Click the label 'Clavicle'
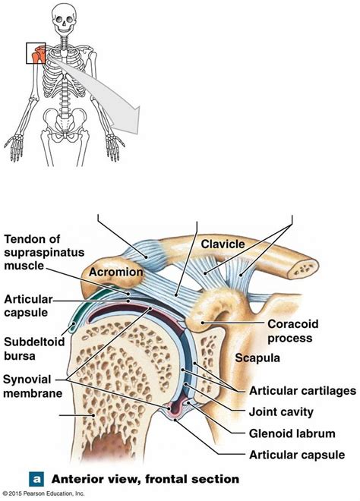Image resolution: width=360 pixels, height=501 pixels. point(224,244)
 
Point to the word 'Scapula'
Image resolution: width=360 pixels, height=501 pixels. point(258,357)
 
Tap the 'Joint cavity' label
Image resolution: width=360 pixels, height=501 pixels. point(285,413)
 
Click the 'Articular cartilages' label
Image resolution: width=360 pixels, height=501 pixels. point(301,391)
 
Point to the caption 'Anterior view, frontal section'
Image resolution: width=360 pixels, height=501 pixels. point(144,479)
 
